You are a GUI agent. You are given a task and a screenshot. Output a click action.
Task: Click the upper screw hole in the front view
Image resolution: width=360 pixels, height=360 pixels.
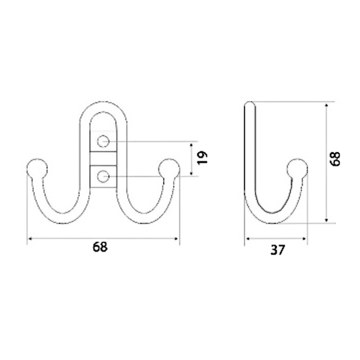coord(103,141)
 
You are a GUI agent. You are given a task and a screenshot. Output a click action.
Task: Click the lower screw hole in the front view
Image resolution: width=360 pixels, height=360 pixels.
coord(103,176)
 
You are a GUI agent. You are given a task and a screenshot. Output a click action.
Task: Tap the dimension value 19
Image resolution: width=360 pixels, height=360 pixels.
coord(202,158)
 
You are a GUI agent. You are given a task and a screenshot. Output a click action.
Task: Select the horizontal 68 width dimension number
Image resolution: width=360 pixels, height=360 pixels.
coord(100,247)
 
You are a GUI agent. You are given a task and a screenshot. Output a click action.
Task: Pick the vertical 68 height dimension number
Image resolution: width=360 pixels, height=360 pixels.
coord(335,158)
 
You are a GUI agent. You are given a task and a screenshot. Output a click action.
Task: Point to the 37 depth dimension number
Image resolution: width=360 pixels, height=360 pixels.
coord(278,250)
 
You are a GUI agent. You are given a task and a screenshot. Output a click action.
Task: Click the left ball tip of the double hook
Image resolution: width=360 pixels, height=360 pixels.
coord(37,169)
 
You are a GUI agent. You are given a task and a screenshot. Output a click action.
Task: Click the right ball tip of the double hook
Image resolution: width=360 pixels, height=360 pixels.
coord(169,169)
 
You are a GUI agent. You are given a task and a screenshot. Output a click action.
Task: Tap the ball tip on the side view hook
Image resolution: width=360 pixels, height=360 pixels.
coord(297,169)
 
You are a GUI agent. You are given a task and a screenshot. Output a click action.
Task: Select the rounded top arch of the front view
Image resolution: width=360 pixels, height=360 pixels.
coord(103,107)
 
